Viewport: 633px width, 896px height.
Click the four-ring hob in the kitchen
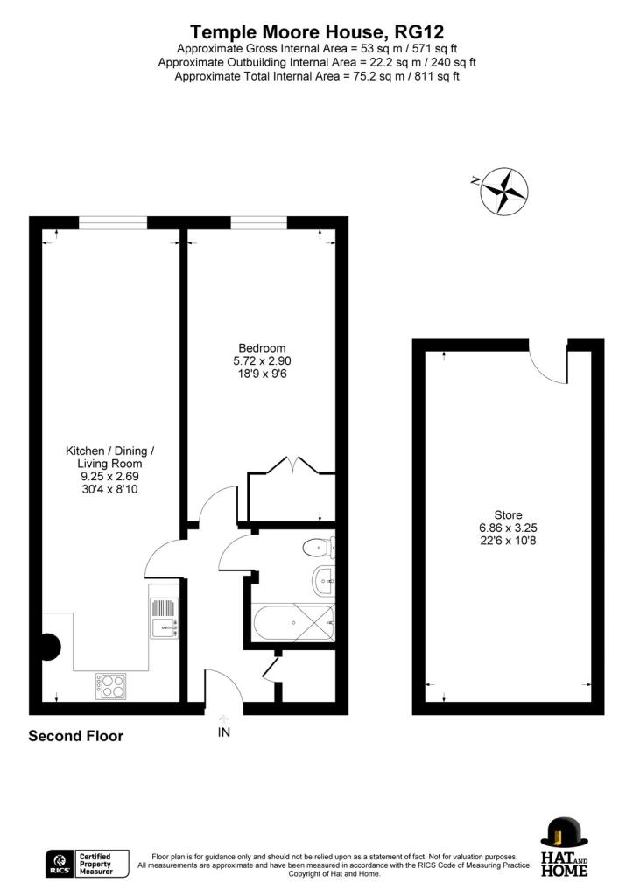110,684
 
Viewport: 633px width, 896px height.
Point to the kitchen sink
164,617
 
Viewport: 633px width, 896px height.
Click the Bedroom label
257,348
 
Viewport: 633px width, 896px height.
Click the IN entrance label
224,731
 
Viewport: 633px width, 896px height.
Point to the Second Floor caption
76,736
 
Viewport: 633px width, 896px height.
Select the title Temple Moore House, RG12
317,32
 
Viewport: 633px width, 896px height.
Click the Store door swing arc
550,367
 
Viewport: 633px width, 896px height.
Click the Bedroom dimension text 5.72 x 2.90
257,360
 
